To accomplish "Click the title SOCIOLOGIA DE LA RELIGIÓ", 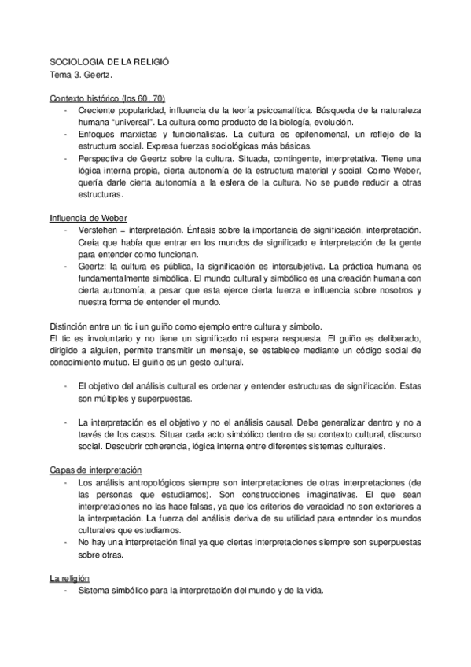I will pos(109,61).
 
